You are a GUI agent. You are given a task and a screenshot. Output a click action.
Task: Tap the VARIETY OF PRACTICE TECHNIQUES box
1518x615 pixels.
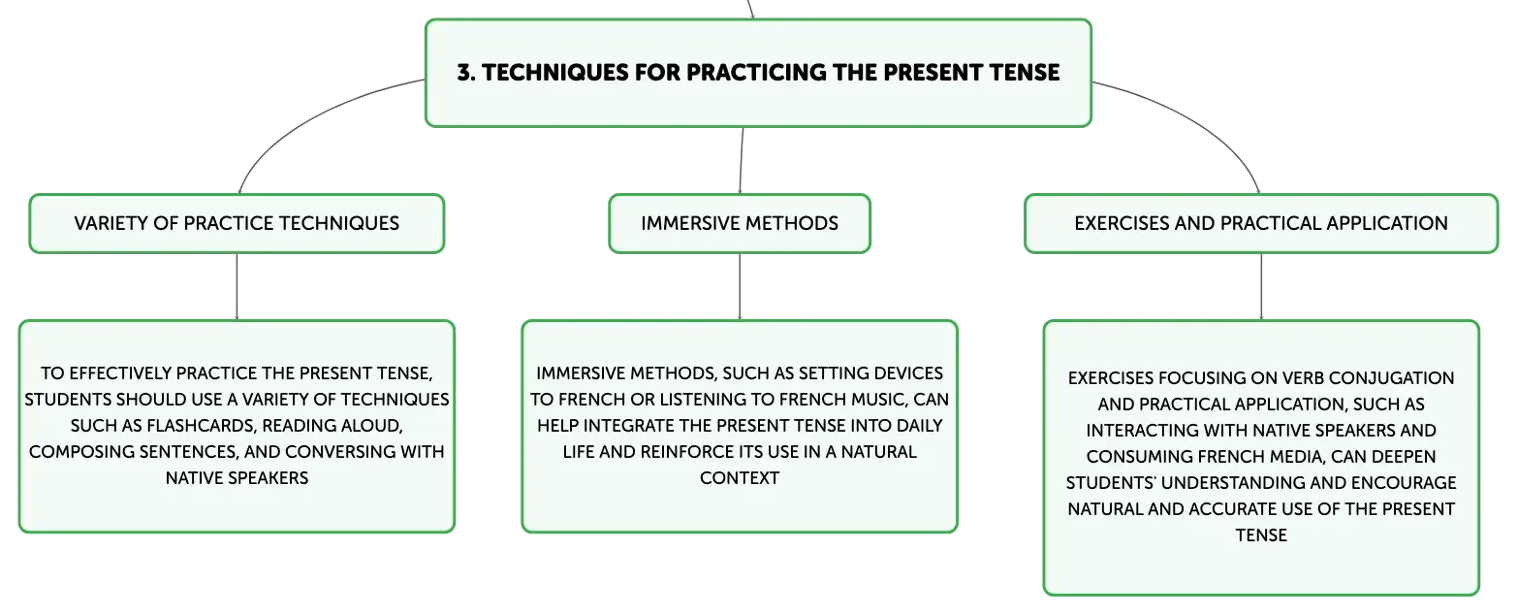[237, 224]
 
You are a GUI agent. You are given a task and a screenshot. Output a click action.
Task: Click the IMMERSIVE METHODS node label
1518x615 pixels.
[740, 223]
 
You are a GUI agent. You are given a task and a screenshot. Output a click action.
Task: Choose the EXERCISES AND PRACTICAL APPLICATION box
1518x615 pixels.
[1261, 224]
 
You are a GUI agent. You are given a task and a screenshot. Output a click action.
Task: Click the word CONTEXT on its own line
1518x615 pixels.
[740, 478]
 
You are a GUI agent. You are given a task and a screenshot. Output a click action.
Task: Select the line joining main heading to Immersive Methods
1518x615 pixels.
[742, 161]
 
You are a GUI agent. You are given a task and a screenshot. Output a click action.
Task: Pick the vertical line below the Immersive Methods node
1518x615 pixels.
[740, 286]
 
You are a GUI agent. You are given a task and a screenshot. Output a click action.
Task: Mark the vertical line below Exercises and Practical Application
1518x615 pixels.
[1261, 286]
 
